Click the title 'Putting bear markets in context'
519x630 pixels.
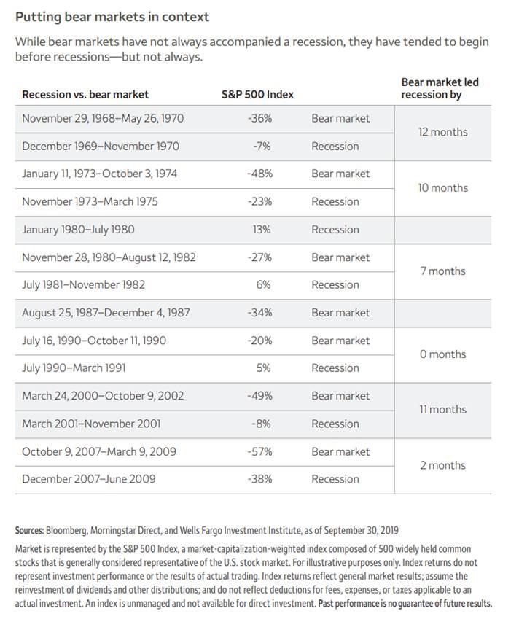(x=112, y=17)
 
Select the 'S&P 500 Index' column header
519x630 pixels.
(x=257, y=94)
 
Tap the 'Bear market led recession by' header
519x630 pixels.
(x=440, y=88)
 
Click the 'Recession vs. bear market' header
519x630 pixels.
(x=85, y=94)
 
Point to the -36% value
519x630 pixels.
(x=260, y=119)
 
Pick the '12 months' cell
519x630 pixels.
(x=442, y=132)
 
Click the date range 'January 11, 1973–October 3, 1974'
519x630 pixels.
(x=100, y=174)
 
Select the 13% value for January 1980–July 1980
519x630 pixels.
(x=262, y=230)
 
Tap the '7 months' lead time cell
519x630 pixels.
(x=442, y=271)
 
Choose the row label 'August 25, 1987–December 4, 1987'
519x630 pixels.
(x=106, y=313)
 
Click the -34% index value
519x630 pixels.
(x=260, y=313)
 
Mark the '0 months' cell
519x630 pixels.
(x=442, y=354)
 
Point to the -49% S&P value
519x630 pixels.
(x=260, y=396)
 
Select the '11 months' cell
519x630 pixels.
(x=442, y=409)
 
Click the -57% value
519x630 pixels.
(x=260, y=451)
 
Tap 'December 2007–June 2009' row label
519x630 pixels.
(x=89, y=479)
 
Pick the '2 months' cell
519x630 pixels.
(x=442, y=465)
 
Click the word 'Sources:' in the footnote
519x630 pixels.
(x=30, y=530)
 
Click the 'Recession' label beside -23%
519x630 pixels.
(x=335, y=202)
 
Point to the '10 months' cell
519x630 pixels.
(x=442, y=188)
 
